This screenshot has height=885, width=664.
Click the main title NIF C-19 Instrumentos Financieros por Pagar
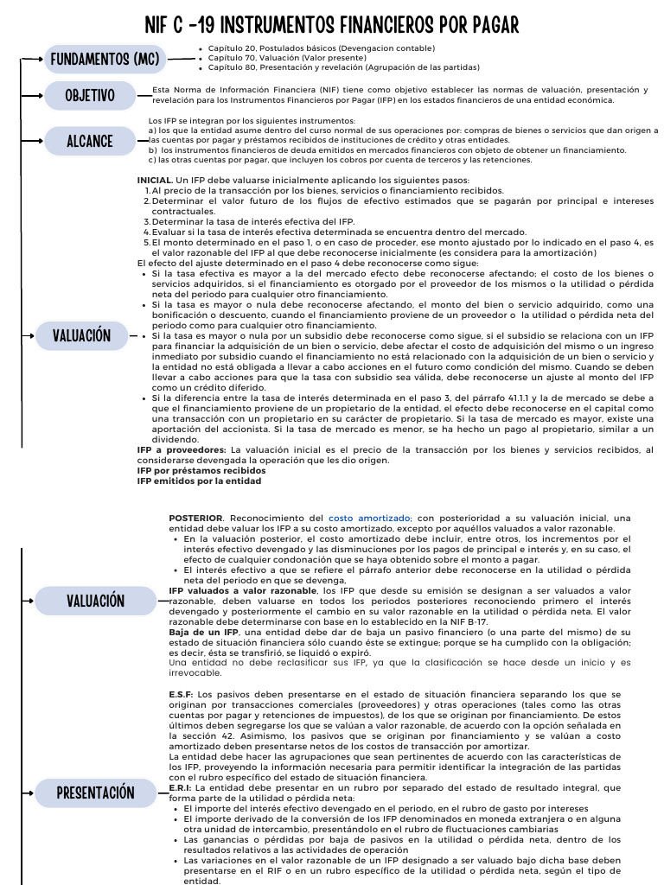click(x=332, y=23)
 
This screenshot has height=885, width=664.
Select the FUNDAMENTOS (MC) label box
click(x=105, y=59)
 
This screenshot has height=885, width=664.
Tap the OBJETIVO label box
click(x=90, y=95)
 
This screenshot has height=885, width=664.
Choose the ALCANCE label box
click(x=90, y=140)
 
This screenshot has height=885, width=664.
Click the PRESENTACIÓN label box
click(x=95, y=792)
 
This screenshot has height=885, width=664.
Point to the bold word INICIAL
click(x=155, y=180)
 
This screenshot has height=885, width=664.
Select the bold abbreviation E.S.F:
click(x=181, y=694)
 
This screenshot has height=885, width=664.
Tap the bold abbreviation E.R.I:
click(x=180, y=787)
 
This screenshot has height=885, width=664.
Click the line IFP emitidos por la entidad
click(x=199, y=481)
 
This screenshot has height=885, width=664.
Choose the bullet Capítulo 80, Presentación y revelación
click(x=343, y=67)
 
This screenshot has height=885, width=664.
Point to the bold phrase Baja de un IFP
click(x=204, y=632)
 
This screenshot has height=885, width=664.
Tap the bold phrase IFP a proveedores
click(x=182, y=449)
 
